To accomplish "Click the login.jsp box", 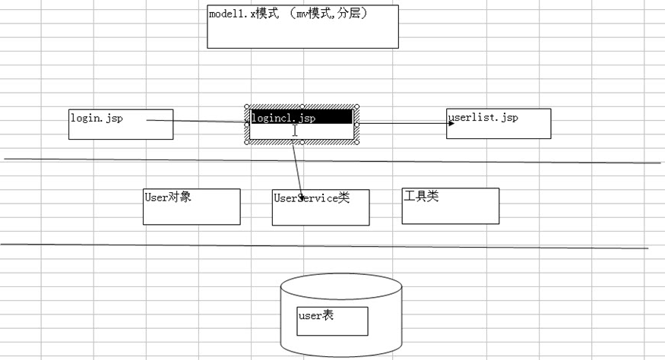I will click(x=120, y=125).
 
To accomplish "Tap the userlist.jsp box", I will click(x=499, y=124).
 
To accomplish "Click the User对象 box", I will click(x=192, y=207).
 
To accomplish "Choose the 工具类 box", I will click(x=450, y=206).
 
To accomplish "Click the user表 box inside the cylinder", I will click(x=333, y=321).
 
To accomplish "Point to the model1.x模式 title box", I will click(x=302, y=28).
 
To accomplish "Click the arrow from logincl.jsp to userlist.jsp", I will click(x=403, y=122).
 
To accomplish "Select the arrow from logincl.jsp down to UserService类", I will click(x=298, y=167).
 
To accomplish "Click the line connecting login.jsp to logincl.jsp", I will click(x=198, y=121).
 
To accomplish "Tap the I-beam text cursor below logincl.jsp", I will click(x=295, y=131).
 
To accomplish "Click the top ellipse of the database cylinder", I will click(x=340, y=286).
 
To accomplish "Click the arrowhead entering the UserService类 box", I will click(x=302, y=197).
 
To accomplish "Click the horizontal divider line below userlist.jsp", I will click(x=532, y=161).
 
